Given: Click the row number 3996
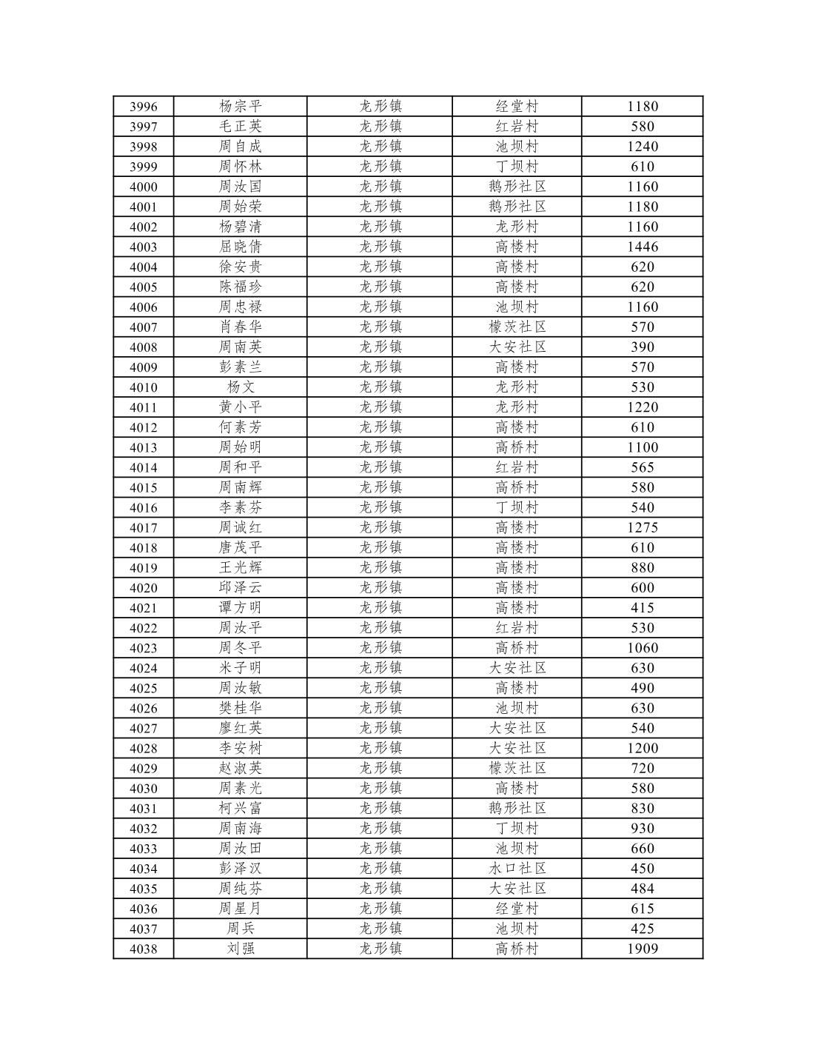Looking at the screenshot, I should [x=143, y=107].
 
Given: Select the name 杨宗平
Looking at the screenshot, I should [x=240, y=107].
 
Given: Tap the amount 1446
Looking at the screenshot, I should [x=642, y=247].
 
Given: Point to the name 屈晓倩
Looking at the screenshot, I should [x=240, y=247].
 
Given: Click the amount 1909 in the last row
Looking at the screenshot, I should [x=642, y=949].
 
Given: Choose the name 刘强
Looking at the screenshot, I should [x=240, y=949].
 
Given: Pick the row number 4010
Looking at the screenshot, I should [x=143, y=387].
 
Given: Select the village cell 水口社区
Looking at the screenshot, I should [x=517, y=869].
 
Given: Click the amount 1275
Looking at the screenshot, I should [x=642, y=527].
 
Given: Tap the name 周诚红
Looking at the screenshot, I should [x=240, y=527].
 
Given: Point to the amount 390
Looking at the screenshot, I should [x=642, y=347].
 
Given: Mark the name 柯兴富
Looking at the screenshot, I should [x=240, y=808].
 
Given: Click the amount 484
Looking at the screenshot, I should [x=642, y=889].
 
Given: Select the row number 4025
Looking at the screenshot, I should [x=143, y=688].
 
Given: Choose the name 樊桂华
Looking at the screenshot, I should [x=240, y=708].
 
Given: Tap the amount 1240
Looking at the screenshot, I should [x=642, y=147].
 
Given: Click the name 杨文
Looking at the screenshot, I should [x=240, y=387].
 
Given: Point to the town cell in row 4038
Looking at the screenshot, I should [x=380, y=949].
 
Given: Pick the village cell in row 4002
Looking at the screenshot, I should [x=517, y=227].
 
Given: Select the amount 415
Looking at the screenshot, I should [x=642, y=608].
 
